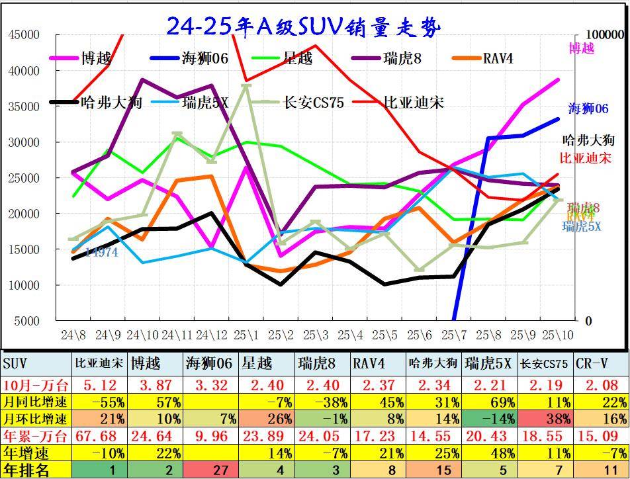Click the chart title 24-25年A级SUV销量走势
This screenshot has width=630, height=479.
pyautogui.click(x=303, y=26)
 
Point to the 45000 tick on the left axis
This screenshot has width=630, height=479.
pyautogui.click(x=24, y=34)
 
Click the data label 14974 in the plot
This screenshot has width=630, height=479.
pyautogui.click(x=102, y=252)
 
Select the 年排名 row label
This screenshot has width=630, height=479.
pyautogui.click(x=26, y=470)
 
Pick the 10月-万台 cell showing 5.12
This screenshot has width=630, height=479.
pyautogui.click(x=99, y=384)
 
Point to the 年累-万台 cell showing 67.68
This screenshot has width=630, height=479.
pyautogui.click(x=99, y=436)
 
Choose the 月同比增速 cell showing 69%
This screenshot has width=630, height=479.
pyautogui.click(x=490, y=402)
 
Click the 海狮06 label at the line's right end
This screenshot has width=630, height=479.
pyautogui.click(x=588, y=109)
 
